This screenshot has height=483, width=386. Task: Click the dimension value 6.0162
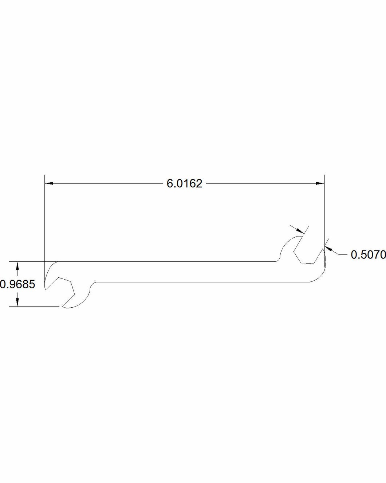point(184,183)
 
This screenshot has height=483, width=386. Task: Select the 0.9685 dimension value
point(17,284)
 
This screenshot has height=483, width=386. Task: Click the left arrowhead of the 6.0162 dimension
point(49,183)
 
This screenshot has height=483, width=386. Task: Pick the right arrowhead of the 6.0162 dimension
point(320,183)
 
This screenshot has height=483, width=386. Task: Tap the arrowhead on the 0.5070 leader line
point(329,249)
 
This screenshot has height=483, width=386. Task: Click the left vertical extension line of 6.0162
point(44,219)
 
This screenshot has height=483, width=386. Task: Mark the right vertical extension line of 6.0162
point(324,211)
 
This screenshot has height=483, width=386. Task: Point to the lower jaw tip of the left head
point(64,307)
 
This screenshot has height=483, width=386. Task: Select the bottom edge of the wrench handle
point(200,282)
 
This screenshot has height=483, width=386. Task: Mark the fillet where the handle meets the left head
point(92,285)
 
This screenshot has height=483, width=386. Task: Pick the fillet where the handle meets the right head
point(279,258)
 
